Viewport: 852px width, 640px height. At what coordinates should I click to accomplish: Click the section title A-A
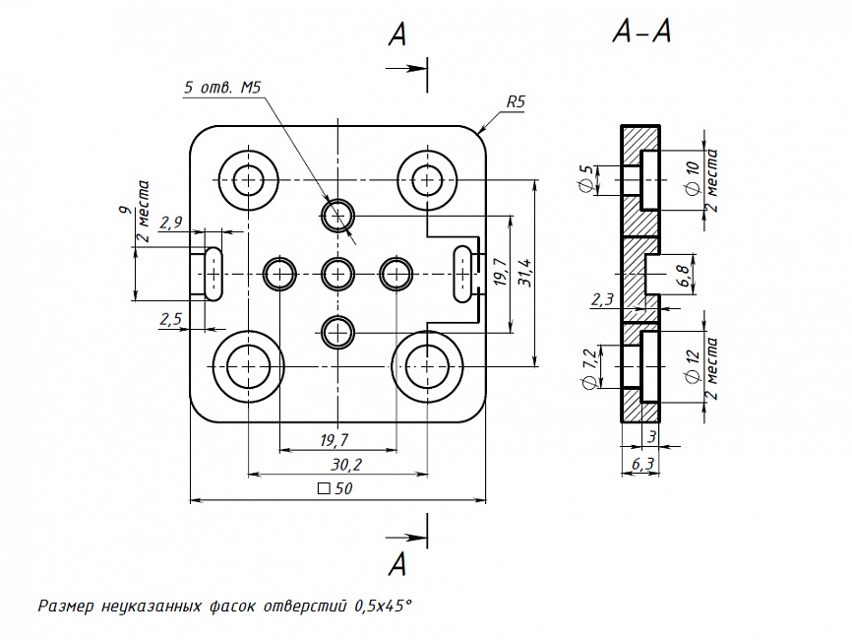pyautogui.click(x=640, y=33)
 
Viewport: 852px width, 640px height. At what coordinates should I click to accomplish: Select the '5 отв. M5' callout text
pyautogui.click(x=222, y=88)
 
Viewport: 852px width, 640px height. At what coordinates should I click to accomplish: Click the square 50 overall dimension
pyautogui.click(x=335, y=489)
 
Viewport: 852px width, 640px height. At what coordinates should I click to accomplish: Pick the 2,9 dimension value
pyautogui.click(x=170, y=222)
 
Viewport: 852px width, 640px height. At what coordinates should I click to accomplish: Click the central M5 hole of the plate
pyautogui.click(x=337, y=272)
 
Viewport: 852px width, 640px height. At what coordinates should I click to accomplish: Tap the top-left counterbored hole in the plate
pyautogui.click(x=247, y=180)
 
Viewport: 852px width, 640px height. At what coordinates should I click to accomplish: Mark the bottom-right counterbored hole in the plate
pyautogui.click(x=427, y=364)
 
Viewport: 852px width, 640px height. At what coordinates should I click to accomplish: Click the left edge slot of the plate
pyautogui.click(x=212, y=272)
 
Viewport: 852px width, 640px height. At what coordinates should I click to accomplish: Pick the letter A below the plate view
pyautogui.click(x=397, y=564)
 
